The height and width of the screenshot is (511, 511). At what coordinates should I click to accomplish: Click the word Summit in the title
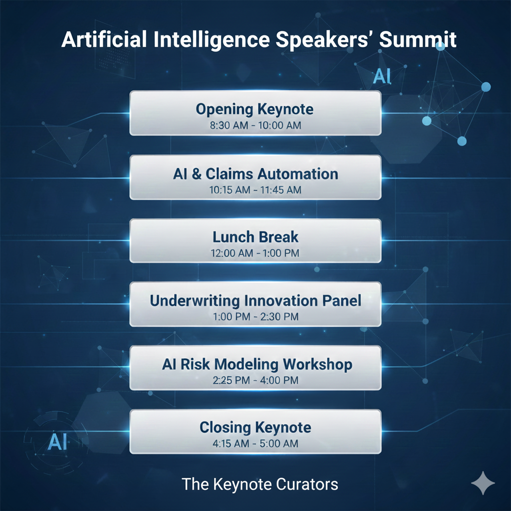tap(418, 39)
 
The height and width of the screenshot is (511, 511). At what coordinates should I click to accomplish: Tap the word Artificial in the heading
tap(104, 39)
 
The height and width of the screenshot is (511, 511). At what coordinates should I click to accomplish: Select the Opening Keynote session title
tap(255, 109)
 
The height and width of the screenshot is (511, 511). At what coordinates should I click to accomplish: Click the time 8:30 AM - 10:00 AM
tap(255, 125)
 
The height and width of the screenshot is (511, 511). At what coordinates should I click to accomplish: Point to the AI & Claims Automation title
tap(255, 174)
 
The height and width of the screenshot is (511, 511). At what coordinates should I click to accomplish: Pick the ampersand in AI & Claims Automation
tap(197, 174)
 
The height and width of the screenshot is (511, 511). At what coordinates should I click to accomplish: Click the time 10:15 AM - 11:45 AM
tap(255, 190)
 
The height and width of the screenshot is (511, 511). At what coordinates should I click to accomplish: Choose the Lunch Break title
tap(255, 237)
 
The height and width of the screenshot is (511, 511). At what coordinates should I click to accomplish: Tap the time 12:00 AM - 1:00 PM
tap(255, 253)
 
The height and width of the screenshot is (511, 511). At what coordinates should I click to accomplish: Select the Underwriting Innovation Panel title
tap(255, 301)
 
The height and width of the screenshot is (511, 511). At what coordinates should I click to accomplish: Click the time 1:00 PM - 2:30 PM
tap(255, 316)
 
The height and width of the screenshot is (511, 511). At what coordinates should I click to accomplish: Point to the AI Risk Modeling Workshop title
tap(257, 364)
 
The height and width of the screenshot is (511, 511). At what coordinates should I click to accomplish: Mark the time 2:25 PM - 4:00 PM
tap(255, 380)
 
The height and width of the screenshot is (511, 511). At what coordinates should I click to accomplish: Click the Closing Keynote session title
tap(255, 428)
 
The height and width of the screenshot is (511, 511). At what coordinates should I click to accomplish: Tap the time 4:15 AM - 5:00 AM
tap(255, 443)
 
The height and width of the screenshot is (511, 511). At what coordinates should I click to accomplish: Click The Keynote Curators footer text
tap(259, 484)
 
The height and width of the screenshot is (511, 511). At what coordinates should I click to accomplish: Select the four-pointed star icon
tap(483, 483)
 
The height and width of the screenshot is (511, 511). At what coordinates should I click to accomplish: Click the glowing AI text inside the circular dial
tap(57, 442)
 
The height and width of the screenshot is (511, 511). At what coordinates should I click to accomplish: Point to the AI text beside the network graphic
tap(382, 76)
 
